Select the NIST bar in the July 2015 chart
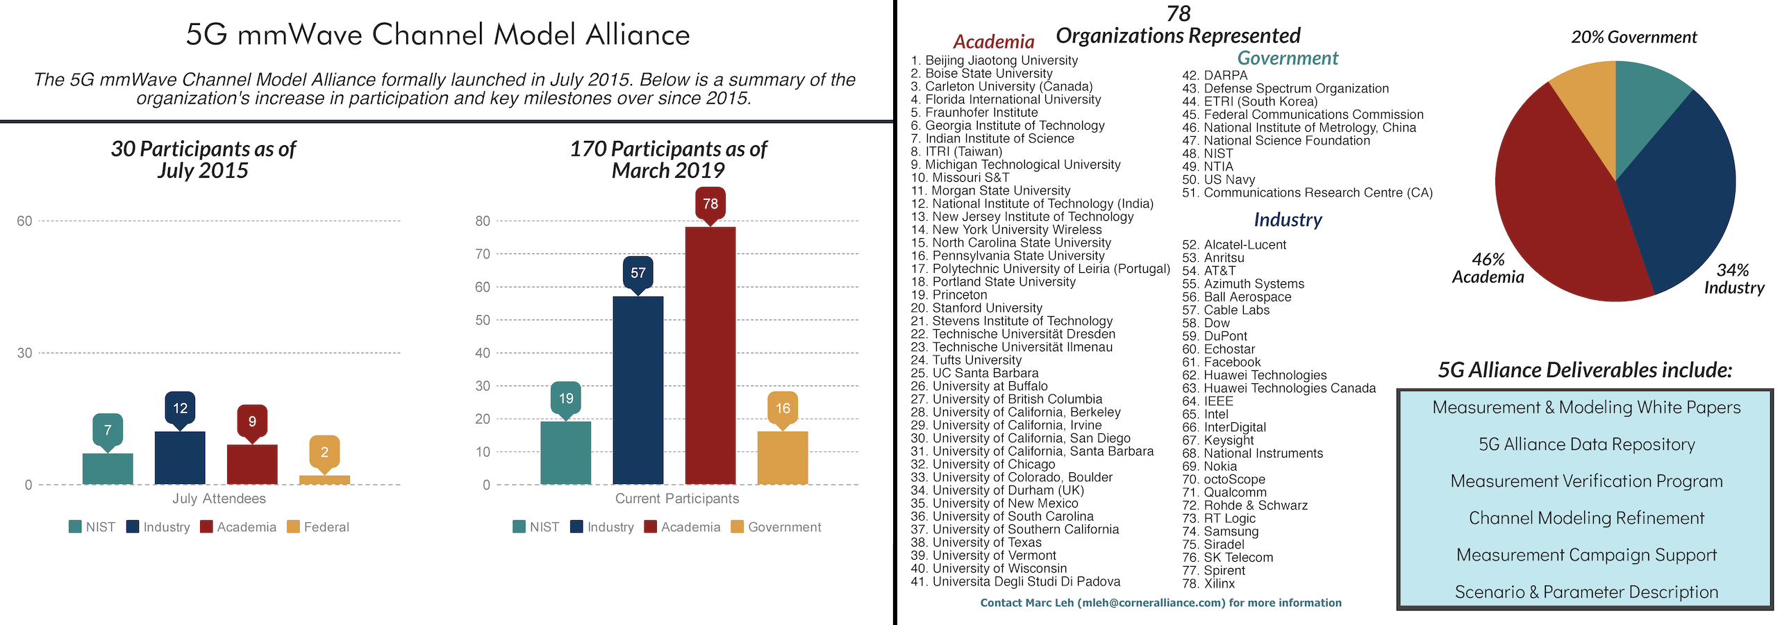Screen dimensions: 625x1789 point(108,469)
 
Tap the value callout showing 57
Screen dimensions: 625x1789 point(638,273)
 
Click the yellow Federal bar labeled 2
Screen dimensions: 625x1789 point(324,480)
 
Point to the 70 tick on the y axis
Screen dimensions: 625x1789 point(483,254)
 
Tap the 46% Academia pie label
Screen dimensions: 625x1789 point(1488,268)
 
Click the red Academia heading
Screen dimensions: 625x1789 point(993,42)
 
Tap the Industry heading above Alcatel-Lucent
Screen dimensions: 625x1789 point(1288,219)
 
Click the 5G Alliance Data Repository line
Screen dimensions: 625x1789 point(1586,444)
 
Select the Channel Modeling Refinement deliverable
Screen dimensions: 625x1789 point(1586,518)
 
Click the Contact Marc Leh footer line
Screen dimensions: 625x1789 point(1160,603)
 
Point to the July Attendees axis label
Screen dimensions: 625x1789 point(219,499)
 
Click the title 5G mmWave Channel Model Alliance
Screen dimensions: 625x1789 point(438,35)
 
